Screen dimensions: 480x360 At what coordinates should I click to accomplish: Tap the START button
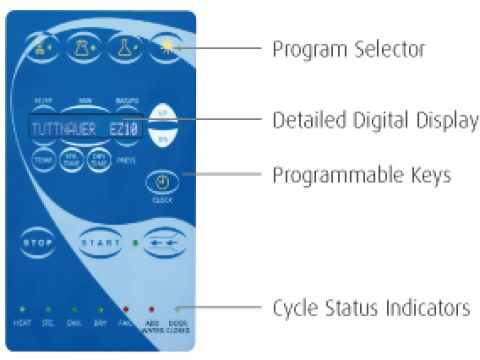pos(101,243)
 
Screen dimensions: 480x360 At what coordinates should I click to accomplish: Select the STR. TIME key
pos(72,159)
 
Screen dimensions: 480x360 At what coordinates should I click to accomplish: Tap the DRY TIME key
pos(98,159)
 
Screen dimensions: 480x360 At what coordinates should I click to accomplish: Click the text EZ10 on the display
pos(123,129)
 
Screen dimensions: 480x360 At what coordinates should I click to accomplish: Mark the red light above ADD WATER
pos(152,310)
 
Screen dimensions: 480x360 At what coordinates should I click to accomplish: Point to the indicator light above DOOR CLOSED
pos(176,310)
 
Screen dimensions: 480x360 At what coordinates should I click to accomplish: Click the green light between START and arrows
pos(134,243)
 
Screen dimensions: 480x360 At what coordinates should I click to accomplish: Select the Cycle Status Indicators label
pos(371,307)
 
